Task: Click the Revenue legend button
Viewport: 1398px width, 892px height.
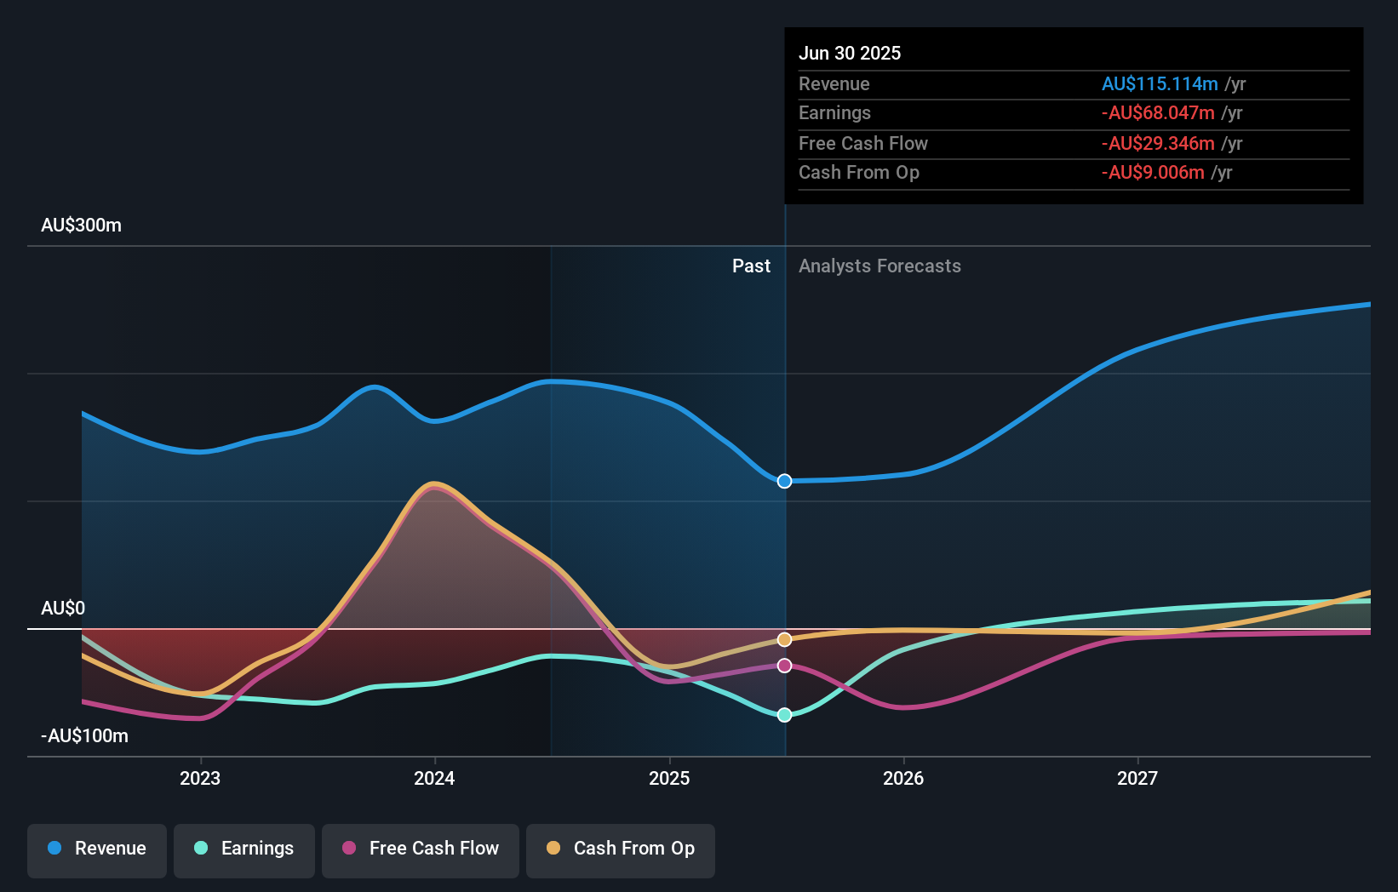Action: tap(97, 849)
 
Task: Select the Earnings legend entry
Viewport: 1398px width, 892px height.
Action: tap(244, 849)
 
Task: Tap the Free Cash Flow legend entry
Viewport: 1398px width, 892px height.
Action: tap(421, 849)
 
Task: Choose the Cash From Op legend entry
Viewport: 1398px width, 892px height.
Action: tap(621, 849)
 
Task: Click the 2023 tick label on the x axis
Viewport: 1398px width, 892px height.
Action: tap(200, 779)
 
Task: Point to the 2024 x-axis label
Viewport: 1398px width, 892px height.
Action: tap(434, 779)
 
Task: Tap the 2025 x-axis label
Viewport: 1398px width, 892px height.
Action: tap(669, 779)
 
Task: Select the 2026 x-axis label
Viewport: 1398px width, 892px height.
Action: tap(903, 779)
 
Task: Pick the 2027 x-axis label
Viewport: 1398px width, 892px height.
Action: tap(1137, 779)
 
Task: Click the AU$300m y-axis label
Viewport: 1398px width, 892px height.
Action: tap(81, 226)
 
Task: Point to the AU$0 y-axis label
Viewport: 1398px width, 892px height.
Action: tap(63, 609)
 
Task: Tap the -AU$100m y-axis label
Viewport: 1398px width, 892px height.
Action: tap(84, 736)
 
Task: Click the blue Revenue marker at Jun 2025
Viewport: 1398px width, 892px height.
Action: tap(785, 482)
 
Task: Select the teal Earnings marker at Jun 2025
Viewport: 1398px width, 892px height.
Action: tap(785, 715)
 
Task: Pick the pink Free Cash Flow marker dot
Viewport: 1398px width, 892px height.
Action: tap(785, 666)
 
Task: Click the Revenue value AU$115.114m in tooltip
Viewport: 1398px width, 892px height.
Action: tap(1160, 84)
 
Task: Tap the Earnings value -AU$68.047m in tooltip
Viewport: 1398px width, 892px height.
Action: tap(1158, 113)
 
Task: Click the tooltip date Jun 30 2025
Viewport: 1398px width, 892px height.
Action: tap(850, 54)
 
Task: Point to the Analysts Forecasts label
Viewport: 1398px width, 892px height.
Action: tap(879, 266)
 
